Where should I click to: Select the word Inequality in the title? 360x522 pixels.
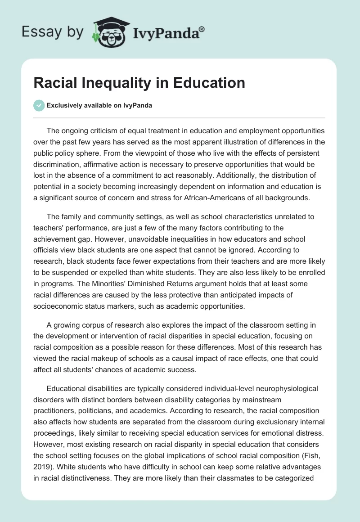[114, 83]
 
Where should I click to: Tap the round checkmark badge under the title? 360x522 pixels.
[39, 105]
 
